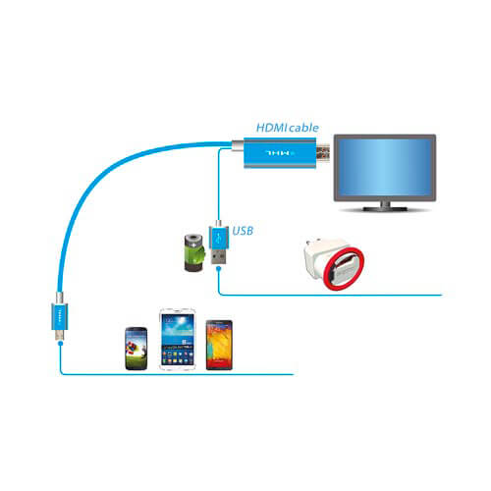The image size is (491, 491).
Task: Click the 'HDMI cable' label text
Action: (x=287, y=128)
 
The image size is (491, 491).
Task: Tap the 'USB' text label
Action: (x=243, y=231)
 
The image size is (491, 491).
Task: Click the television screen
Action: (x=385, y=167)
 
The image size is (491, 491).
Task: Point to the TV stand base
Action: (x=385, y=208)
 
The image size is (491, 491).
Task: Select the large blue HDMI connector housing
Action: (x=280, y=152)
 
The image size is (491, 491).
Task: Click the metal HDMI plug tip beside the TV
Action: (x=323, y=153)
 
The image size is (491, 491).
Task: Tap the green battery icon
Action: (x=194, y=252)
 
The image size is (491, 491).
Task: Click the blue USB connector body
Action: (x=218, y=238)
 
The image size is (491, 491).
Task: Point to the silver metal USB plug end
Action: (x=218, y=257)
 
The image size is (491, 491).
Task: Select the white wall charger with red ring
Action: (x=334, y=264)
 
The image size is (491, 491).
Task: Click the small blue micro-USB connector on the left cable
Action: (x=60, y=316)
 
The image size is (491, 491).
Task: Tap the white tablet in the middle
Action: (x=178, y=339)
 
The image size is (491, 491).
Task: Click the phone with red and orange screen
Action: (x=219, y=345)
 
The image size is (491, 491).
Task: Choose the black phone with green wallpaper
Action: (x=136, y=349)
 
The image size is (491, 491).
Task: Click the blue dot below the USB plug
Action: (x=219, y=269)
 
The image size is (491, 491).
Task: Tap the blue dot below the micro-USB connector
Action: (x=60, y=343)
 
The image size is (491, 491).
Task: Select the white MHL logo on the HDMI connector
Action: (x=280, y=153)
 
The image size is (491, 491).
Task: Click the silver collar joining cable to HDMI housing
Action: (x=238, y=145)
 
